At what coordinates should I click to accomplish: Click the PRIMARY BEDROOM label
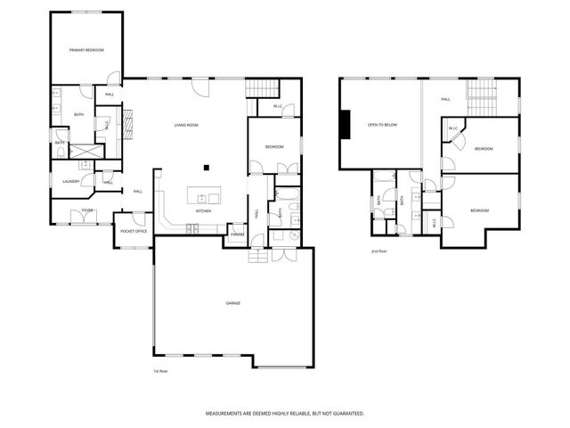click(x=87, y=50)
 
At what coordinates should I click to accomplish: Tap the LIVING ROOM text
click(x=186, y=126)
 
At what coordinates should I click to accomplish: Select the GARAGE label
click(x=232, y=303)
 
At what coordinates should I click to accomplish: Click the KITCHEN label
click(x=203, y=211)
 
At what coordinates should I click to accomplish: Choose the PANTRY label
click(x=237, y=235)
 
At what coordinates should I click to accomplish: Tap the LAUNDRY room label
click(x=71, y=181)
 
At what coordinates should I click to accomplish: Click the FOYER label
click(x=87, y=210)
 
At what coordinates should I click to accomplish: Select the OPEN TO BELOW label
click(x=381, y=126)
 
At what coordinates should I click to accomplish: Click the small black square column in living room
click(x=207, y=166)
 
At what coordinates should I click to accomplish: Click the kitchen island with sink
click(x=203, y=197)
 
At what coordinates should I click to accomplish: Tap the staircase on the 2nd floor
click(x=481, y=92)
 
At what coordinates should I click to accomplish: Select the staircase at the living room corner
click(x=260, y=87)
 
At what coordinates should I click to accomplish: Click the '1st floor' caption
click(x=160, y=371)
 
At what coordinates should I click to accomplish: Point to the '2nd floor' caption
click(x=379, y=251)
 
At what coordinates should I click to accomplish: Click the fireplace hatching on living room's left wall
click(x=128, y=125)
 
